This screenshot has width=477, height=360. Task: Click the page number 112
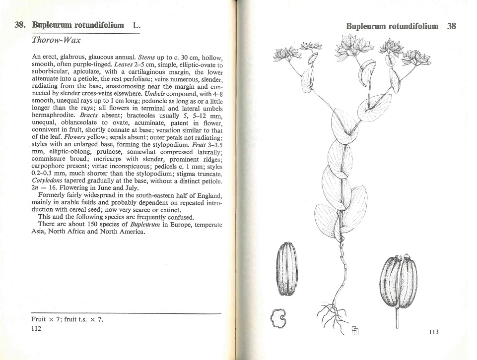point(35,329)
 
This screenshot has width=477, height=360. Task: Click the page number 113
point(433,332)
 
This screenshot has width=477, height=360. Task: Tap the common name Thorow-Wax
point(56,40)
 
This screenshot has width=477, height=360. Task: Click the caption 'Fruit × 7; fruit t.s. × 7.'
point(67,319)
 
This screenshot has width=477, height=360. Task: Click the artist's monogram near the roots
point(355,331)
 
